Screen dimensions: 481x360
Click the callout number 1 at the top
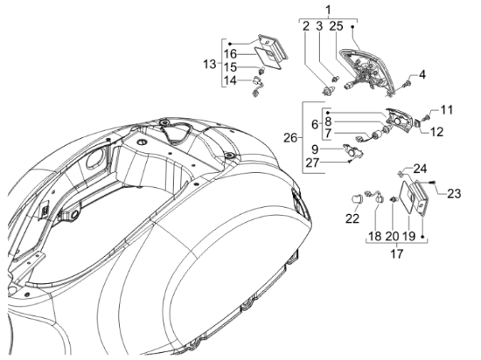click(x=328, y=10)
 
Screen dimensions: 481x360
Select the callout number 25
click(x=336, y=26)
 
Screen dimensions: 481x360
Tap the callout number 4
click(x=422, y=74)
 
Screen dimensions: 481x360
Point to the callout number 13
click(x=210, y=65)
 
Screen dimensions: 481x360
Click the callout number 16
click(x=230, y=54)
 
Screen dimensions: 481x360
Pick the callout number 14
click(x=230, y=80)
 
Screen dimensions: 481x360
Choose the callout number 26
click(x=290, y=138)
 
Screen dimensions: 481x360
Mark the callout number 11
click(x=446, y=110)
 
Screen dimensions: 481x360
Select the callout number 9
click(x=315, y=149)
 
